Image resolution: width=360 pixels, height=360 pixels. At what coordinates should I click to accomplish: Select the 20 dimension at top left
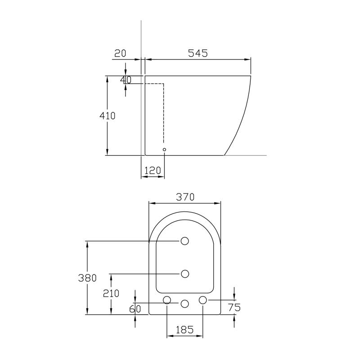(120, 53)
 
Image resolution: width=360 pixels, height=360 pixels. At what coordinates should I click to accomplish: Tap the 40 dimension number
(126, 80)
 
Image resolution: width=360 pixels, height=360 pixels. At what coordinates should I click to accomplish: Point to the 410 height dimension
(108, 116)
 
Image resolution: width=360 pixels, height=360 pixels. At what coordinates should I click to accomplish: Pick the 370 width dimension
(184, 197)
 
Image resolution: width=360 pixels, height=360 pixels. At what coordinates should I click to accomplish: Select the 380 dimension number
(87, 278)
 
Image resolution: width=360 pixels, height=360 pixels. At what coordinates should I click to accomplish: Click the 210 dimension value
(111, 293)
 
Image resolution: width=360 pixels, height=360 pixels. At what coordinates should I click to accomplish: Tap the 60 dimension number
(135, 309)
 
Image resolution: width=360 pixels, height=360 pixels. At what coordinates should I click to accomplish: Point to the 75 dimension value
(234, 307)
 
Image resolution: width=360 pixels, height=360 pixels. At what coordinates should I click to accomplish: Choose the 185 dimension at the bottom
(184, 330)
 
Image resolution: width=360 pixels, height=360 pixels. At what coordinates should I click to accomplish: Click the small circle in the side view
(164, 149)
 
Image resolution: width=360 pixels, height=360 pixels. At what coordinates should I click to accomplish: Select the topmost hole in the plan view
(184, 241)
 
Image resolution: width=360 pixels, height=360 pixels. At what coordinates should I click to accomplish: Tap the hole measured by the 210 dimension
(184, 273)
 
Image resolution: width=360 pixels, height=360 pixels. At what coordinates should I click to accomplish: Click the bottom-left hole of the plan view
(167, 300)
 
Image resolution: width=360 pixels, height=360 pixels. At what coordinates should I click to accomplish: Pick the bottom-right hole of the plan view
(202, 300)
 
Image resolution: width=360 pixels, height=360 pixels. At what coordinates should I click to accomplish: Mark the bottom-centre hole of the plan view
(184, 304)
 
